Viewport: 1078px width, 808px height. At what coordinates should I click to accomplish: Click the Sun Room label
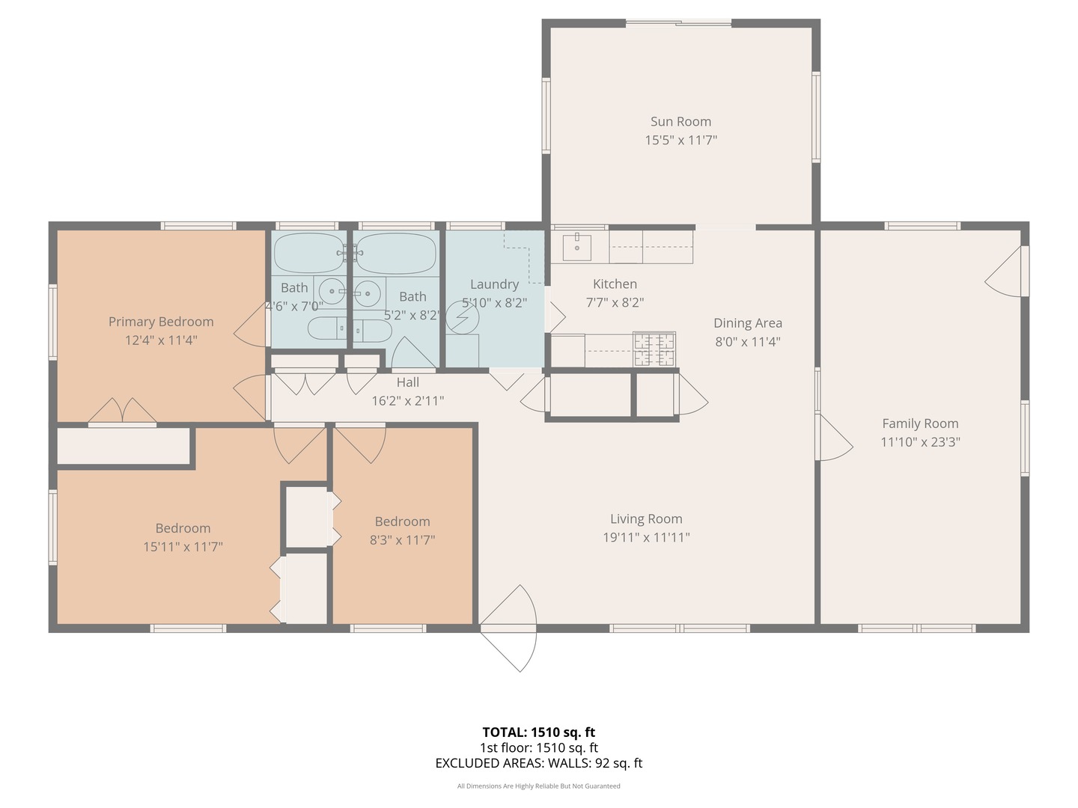pos(680,121)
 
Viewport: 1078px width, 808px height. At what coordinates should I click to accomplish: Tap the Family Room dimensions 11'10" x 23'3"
pos(920,442)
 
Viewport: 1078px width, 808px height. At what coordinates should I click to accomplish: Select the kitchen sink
pos(576,247)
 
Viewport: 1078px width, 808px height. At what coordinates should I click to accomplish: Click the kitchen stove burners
pos(654,349)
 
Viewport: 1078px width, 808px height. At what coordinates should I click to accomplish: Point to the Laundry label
pos(494,284)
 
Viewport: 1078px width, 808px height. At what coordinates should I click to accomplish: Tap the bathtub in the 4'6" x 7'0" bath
pos(309,253)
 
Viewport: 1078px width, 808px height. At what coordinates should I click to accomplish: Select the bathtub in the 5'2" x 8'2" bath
pos(395,253)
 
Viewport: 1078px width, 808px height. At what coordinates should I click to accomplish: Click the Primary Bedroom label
pos(161,322)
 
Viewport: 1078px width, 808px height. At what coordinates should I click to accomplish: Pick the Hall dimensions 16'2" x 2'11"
pos(408,401)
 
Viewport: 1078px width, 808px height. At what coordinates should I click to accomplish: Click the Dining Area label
pos(747,323)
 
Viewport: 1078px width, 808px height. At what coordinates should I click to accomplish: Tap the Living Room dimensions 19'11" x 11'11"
pos(646,537)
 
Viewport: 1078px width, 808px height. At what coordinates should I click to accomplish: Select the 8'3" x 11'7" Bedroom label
pos(402,521)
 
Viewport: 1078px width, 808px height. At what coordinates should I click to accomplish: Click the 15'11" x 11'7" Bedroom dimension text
pos(183,547)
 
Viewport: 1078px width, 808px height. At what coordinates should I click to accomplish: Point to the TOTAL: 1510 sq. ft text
pos(538,732)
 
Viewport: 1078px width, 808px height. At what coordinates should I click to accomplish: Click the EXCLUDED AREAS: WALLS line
pos(538,763)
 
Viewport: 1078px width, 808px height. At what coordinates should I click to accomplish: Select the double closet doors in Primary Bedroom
pos(122,411)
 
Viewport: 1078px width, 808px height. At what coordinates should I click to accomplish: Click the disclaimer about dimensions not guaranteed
pos(538,786)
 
